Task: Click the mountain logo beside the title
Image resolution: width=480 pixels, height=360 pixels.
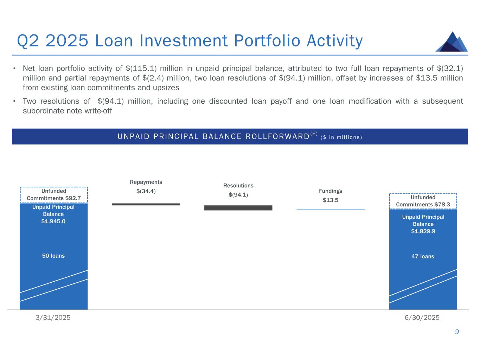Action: click(452, 42)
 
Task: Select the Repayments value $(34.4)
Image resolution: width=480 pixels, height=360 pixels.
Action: click(146, 191)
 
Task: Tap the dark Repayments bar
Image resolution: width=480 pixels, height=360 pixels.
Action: click(146, 204)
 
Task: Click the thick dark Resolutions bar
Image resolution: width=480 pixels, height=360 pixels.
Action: click(238, 208)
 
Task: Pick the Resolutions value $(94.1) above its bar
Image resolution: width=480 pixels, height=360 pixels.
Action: click(238, 195)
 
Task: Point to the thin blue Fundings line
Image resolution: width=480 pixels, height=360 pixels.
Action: click(331, 209)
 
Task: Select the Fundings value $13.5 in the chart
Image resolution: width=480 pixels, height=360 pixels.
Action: click(331, 200)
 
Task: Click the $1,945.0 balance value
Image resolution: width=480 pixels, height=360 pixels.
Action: click(53, 221)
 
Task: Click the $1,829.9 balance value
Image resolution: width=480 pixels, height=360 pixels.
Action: click(423, 231)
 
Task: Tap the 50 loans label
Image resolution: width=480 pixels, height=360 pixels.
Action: click(53, 256)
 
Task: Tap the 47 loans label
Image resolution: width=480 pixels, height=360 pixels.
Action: click(423, 256)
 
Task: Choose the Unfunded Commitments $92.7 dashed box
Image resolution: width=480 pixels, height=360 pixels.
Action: click(54, 195)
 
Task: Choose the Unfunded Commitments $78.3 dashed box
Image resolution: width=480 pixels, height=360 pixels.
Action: click(423, 201)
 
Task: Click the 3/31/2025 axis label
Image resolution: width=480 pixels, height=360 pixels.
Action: click(53, 317)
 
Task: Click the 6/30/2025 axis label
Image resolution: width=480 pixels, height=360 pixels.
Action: click(422, 317)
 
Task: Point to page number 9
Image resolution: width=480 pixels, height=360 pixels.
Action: click(457, 332)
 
